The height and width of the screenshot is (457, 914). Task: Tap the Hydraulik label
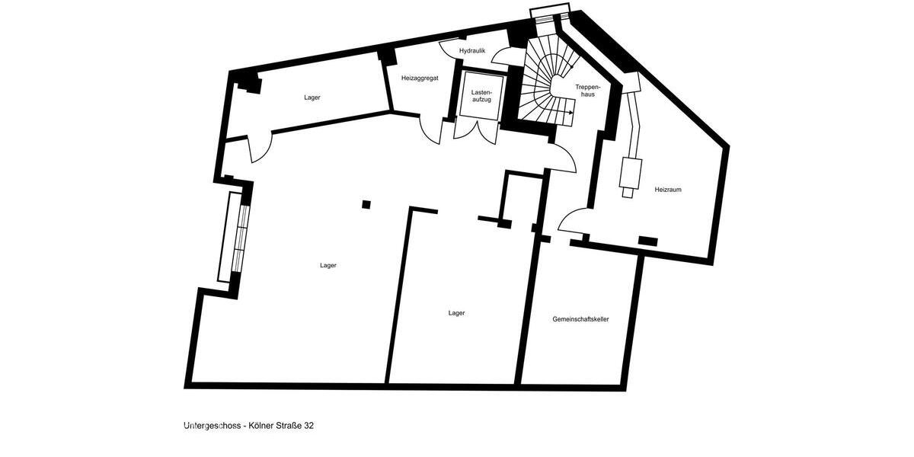pos(472,50)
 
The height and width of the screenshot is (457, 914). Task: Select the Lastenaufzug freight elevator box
pos(481,95)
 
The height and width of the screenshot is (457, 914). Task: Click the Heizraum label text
pos(667,190)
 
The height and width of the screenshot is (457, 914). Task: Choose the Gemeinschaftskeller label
pos(580,319)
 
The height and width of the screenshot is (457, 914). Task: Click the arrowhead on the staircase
pos(571,112)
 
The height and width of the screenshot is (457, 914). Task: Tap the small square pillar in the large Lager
pos(366,204)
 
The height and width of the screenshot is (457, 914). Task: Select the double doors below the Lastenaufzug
pos(475,131)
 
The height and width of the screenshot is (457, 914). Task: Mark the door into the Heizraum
pos(573,220)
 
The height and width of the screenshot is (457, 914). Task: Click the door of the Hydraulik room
pos(503,56)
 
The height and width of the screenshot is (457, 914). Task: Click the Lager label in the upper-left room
pos(312,97)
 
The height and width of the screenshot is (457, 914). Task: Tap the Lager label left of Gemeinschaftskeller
pos(456,313)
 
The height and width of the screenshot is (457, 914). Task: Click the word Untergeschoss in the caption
pos(213,426)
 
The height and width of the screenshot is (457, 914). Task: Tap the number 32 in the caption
pos(308,426)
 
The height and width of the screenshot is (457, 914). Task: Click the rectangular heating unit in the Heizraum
pos(631,173)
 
